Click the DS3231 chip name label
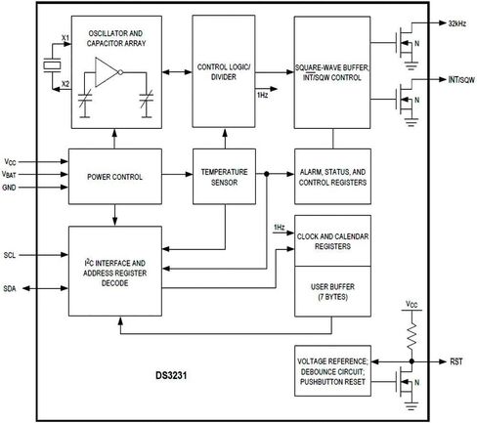(x=171, y=375)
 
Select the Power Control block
(x=115, y=177)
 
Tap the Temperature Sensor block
(x=224, y=177)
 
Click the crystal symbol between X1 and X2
(x=52, y=65)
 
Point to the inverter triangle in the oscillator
(x=107, y=72)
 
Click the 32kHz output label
(x=457, y=23)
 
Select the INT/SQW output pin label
(x=461, y=80)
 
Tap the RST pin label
(x=456, y=361)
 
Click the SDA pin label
(x=10, y=288)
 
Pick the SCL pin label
(x=10, y=255)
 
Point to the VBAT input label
(x=9, y=175)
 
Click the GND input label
(x=9, y=188)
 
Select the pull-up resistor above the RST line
(x=412, y=335)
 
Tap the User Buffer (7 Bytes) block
(x=332, y=291)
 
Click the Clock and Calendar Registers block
(x=332, y=240)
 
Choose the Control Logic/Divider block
(x=224, y=71)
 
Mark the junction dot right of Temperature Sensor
(x=267, y=174)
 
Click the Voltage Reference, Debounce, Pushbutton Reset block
(x=332, y=371)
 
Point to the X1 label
(x=65, y=38)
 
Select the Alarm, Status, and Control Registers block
(x=332, y=177)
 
